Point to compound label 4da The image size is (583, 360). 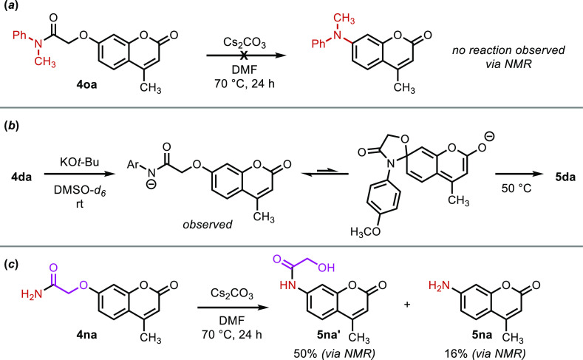point(25,178)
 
